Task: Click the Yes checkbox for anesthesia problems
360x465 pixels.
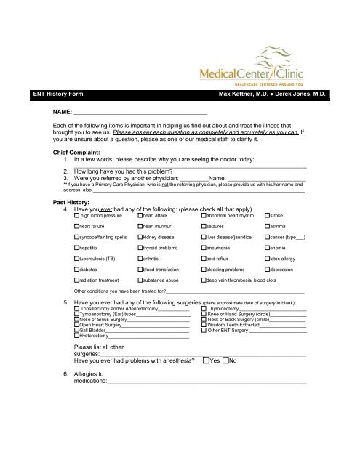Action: pyautogui.click(x=207, y=360)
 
